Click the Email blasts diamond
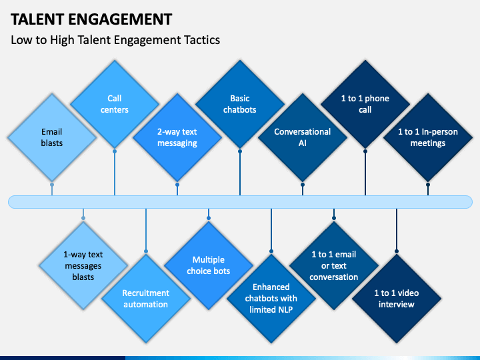point(52,137)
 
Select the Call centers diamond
point(115,104)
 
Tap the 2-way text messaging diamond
point(177,137)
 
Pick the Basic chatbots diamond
point(240,104)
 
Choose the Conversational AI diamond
point(303,137)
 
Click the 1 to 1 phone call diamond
point(365,104)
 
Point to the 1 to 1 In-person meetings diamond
point(428,137)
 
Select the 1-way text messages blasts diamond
point(83,265)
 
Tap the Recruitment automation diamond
point(146,299)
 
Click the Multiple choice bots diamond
point(209,265)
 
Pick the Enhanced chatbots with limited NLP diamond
point(271,299)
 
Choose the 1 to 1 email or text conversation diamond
point(334,265)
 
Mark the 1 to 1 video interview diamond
point(397,299)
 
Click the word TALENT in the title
point(37,19)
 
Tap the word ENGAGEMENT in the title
point(120,19)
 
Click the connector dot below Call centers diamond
point(115,151)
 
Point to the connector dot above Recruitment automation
point(146,251)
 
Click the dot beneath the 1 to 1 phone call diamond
point(365,151)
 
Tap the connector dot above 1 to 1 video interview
point(397,251)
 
